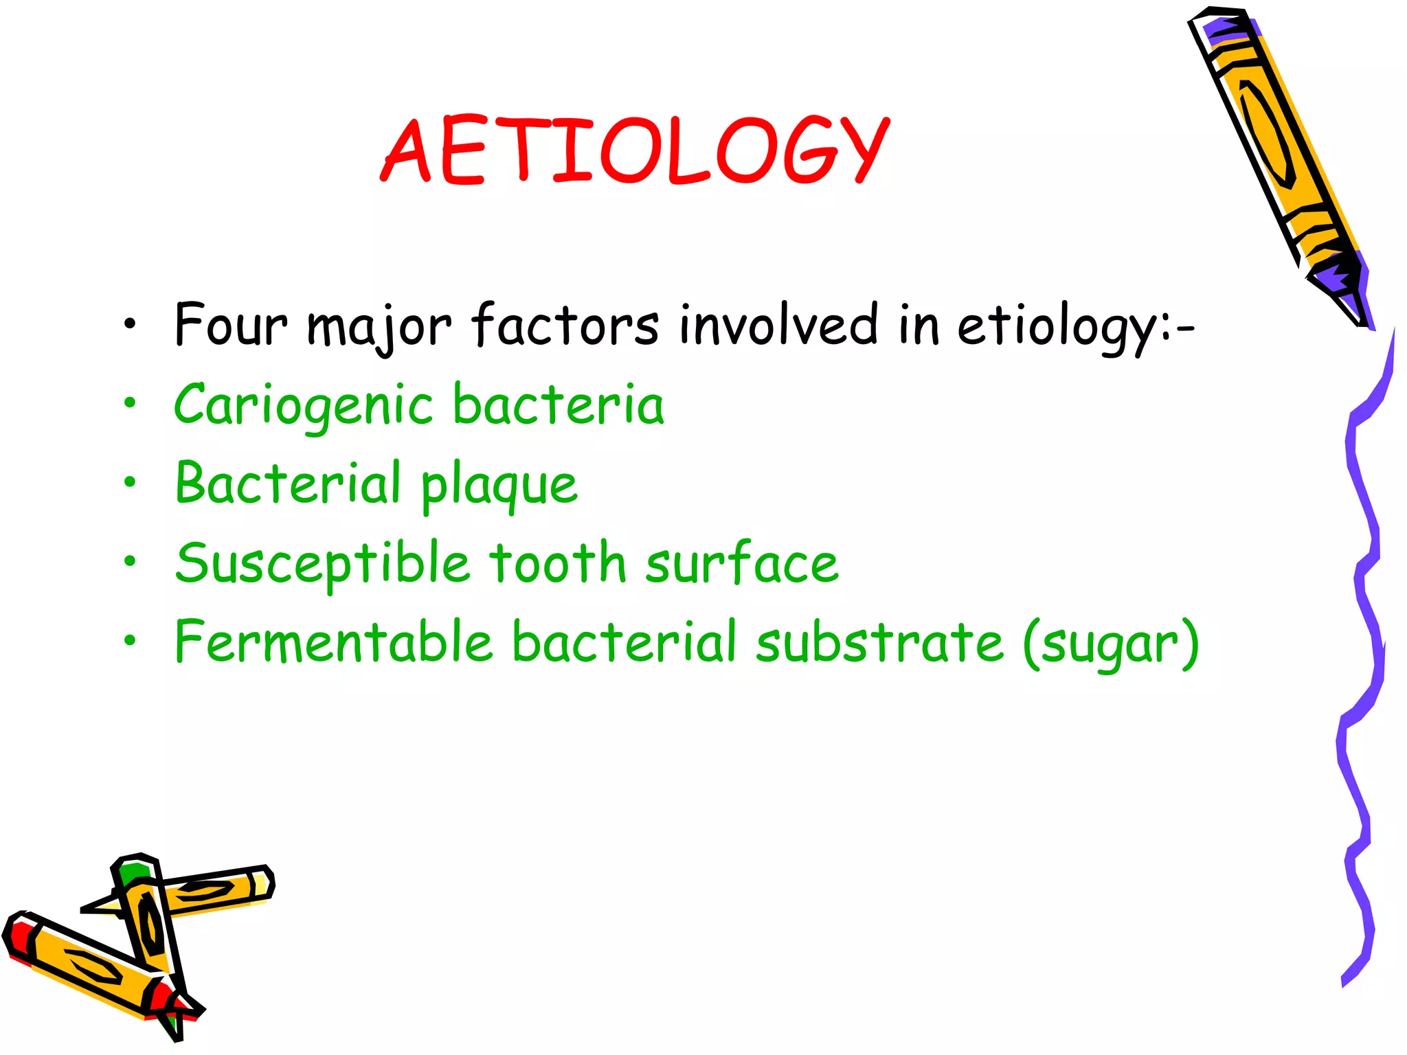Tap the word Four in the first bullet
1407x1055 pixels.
(230, 324)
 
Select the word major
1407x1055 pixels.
(379, 326)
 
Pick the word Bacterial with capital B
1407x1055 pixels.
(288, 483)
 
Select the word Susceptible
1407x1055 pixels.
(322, 563)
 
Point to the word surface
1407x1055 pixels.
(742, 562)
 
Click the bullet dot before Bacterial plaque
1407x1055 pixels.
(130, 483)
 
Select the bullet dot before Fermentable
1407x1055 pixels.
(130, 641)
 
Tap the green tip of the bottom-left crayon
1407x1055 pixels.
(131, 872)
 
